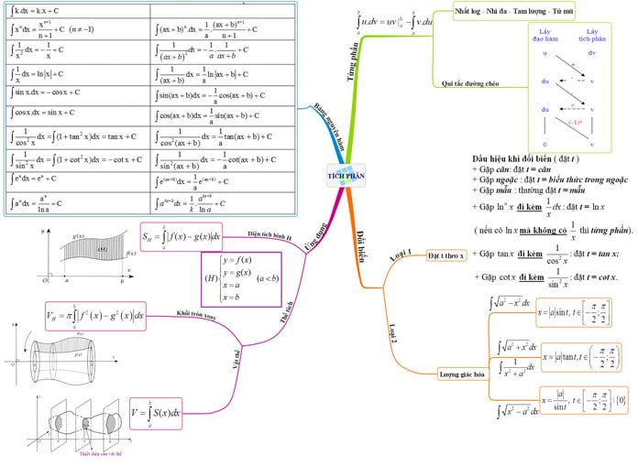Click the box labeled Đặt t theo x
pyautogui.click(x=447, y=255)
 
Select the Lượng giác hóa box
pyautogui.click(x=463, y=373)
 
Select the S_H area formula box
pyautogui.click(x=181, y=237)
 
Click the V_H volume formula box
pyautogui.click(x=96, y=318)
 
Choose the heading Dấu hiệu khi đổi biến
pyautogui.click(x=519, y=157)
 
